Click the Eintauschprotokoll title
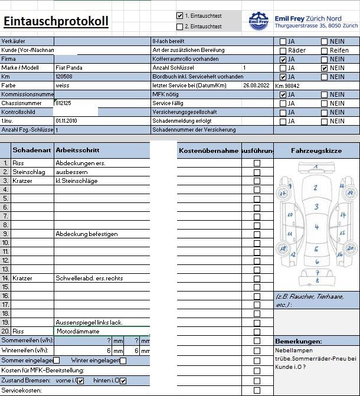click(55, 22)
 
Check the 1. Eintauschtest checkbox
click(180, 16)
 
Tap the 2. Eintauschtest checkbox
click(180, 26)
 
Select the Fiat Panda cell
click(68, 68)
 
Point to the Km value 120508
click(64, 77)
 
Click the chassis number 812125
click(64, 103)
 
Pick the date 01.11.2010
click(67, 121)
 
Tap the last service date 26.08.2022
click(256, 86)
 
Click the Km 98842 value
click(287, 86)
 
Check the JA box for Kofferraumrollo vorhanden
click(283, 60)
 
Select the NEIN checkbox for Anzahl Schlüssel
click(324, 68)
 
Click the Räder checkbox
click(283, 51)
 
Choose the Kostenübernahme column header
click(208, 151)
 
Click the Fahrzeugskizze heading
click(316, 151)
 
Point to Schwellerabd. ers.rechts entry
click(89, 278)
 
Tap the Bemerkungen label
click(299, 342)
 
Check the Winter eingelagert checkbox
click(123, 360)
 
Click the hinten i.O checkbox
click(123, 381)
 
